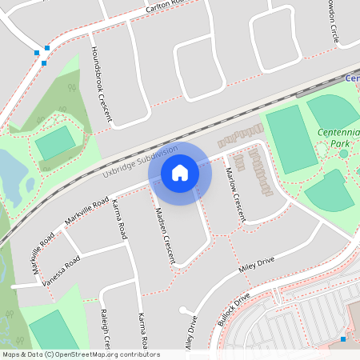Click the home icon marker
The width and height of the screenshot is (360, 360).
(180, 173)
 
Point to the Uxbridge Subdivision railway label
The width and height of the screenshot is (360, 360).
(140, 162)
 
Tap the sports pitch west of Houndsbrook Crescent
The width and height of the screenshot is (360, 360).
(55, 142)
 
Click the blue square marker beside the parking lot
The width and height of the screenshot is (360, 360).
(343, 340)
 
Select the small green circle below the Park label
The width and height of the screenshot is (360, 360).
(344, 154)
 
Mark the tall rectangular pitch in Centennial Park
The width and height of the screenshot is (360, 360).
(292, 140)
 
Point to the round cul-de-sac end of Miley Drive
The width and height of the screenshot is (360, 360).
(186, 310)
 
